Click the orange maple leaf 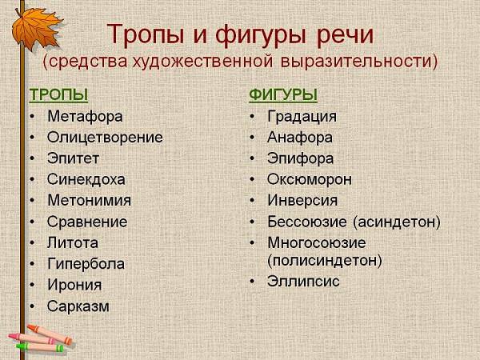point(36,28)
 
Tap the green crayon point(41,347)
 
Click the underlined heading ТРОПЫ point(58,94)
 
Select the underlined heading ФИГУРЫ point(283,94)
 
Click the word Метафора point(85,117)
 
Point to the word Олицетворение point(105,138)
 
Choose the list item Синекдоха point(86,180)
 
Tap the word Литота point(73,243)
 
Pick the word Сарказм point(78,306)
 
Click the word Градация point(302,117)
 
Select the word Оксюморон point(310,180)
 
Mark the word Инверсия point(302,201)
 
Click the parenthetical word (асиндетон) point(397,222)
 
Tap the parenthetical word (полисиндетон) point(325,261)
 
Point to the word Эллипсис point(303,282)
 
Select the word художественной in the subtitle point(202,61)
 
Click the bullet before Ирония point(33,285)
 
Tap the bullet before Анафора point(252,138)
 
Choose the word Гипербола point(86,264)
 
